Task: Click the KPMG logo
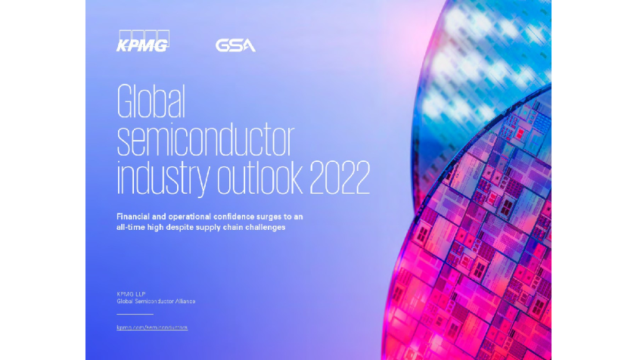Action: point(142,42)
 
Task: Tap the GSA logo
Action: point(235,45)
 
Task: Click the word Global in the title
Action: point(151,101)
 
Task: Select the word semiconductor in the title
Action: point(205,140)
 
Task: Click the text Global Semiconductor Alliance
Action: point(156,301)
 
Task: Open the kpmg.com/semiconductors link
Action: point(151,327)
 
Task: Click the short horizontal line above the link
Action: point(135,313)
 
